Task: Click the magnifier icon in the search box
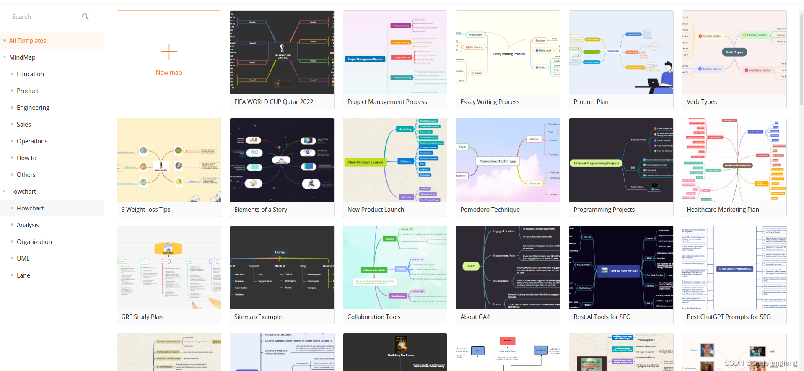(85, 17)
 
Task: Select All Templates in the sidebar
(28, 41)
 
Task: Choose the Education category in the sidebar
(30, 74)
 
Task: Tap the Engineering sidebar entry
(33, 108)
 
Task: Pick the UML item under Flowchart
(23, 259)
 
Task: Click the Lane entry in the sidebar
(23, 275)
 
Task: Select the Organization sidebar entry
(34, 242)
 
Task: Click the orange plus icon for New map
(169, 52)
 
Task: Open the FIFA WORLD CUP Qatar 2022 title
(274, 102)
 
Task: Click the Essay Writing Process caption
(490, 102)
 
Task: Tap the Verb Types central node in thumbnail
(734, 52)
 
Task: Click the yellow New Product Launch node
(366, 162)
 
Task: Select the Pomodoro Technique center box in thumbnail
(498, 161)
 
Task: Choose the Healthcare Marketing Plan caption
(723, 210)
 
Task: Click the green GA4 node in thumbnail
(471, 266)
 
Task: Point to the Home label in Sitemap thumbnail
(280, 252)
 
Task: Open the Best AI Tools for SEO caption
(602, 317)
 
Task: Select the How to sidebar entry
(26, 158)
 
